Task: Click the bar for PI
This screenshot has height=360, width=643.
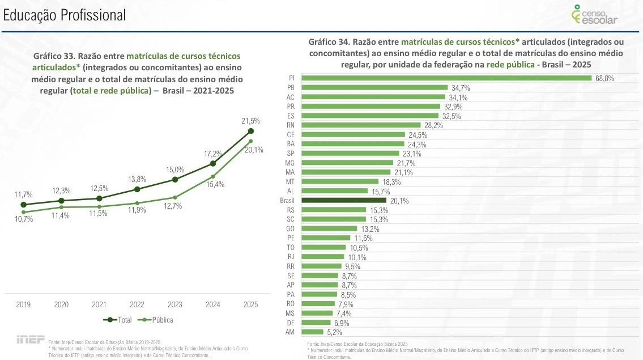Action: pos(446,78)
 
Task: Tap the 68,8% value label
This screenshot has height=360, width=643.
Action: pos(604,79)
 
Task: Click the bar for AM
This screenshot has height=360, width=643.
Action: pos(312,332)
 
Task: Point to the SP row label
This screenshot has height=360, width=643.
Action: pos(289,154)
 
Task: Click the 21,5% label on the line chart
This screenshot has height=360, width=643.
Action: pos(250,121)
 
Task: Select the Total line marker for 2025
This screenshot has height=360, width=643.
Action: pos(250,132)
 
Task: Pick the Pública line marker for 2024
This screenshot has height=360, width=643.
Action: pos(212,176)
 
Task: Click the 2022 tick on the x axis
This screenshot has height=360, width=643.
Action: pos(137,304)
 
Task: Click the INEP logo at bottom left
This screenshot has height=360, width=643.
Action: pos(29,340)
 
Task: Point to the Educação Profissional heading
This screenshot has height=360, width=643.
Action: pos(65,16)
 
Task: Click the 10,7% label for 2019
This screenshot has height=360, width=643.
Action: pos(23,219)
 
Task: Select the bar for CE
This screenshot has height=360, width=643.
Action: pos(354,134)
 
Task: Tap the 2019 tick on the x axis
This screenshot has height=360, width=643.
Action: pos(23,304)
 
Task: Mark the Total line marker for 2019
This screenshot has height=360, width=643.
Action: pos(23,205)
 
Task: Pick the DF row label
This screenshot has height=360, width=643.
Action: pos(289,322)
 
